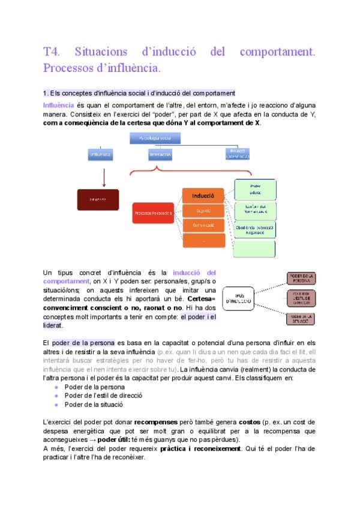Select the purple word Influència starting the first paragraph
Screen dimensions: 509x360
tap(59, 106)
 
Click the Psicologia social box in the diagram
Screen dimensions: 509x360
tap(155, 139)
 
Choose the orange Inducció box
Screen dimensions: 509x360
tap(203, 196)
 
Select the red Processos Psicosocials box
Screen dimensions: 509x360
tap(154, 212)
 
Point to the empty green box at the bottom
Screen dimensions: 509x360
tap(254, 248)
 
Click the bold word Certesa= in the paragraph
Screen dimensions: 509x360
tap(202, 298)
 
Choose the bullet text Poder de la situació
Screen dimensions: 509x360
tap(88, 405)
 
